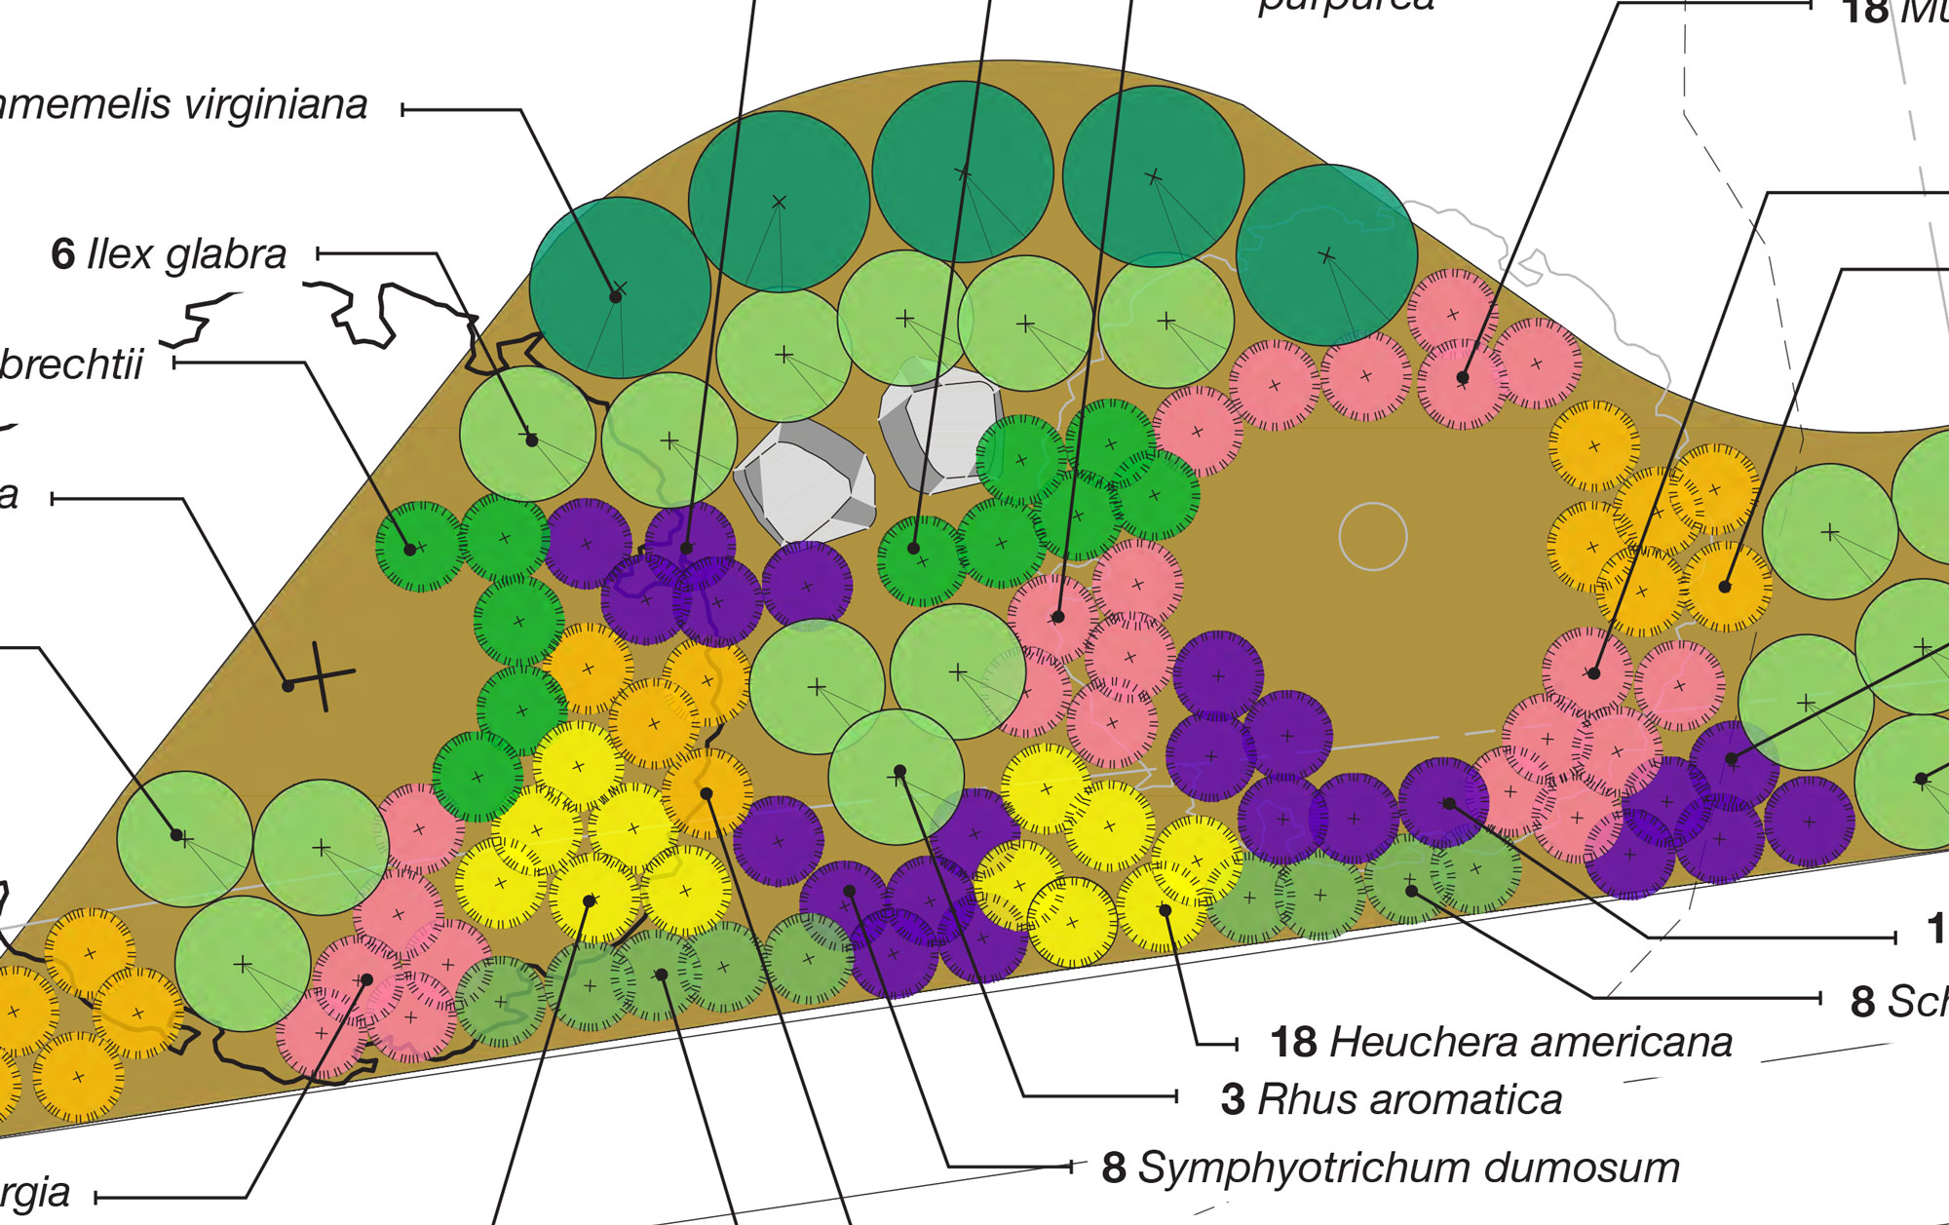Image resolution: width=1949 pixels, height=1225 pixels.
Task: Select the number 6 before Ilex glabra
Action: (62, 254)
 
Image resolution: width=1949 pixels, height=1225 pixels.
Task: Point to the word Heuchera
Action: (1408, 1042)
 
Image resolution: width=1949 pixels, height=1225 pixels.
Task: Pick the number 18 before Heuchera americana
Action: (1294, 1043)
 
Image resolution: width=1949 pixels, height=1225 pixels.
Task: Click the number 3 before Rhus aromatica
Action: (1233, 1100)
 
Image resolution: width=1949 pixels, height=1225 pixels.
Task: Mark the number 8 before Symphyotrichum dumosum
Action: (1114, 1168)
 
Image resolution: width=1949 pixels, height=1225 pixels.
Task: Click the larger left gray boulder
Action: (805, 480)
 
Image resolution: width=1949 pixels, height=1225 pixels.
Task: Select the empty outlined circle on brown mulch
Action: (1373, 536)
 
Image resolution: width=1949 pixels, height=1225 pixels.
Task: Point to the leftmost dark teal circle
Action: (620, 288)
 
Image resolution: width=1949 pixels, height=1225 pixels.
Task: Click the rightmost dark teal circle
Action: (1326, 255)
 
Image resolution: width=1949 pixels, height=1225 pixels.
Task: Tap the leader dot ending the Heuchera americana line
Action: (1165, 910)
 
